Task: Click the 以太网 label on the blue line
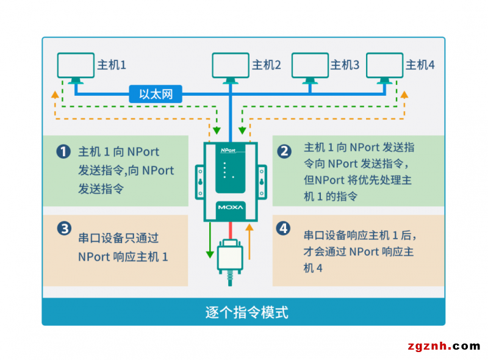[x=156, y=94]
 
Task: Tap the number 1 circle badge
[x=63, y=152]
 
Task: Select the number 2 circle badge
[x=284, y=151]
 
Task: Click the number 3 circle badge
[x=63, y=229]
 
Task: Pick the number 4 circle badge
[x=283, y=228]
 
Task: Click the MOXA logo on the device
[x=231, y=207]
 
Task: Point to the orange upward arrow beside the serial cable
[x=249, y=238]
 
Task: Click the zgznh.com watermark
[x=443, y=346]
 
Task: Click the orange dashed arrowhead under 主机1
[x=55, y=95]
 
